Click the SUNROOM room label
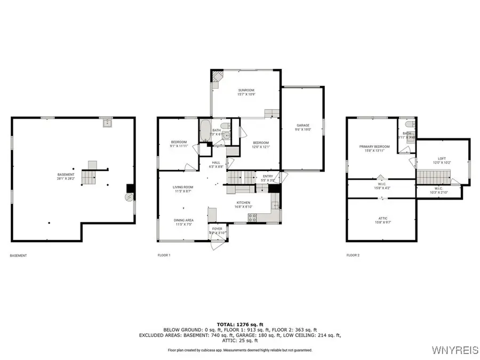coord(246,90)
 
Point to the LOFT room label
coord(442,158)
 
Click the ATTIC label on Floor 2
coord(381,218)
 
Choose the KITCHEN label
coord(244,203)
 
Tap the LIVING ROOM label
coord(182,187)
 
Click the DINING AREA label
coord(182,220)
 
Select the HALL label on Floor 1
coord(216,163)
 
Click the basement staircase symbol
coord(89,173)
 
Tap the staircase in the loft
coord(433,175)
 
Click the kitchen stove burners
coord(253,217)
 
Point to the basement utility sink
coord(108,123)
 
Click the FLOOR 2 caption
coord(353,255)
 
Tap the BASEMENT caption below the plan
coord(18,255)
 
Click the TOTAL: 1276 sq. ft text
coord(239,324)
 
